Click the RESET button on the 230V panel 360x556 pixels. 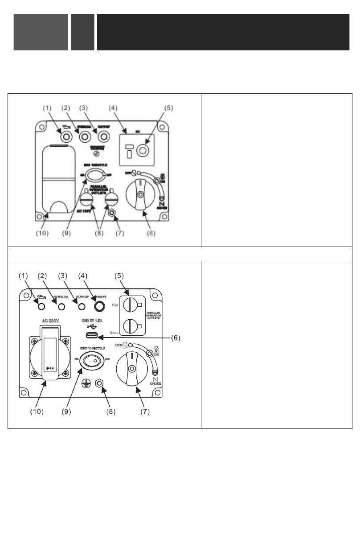pos(97,306)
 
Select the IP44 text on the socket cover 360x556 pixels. pos(49,369)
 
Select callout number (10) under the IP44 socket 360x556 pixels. pos(37,411)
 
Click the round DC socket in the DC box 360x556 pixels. pos(143,152)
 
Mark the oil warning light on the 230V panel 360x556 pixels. pos(41,307)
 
